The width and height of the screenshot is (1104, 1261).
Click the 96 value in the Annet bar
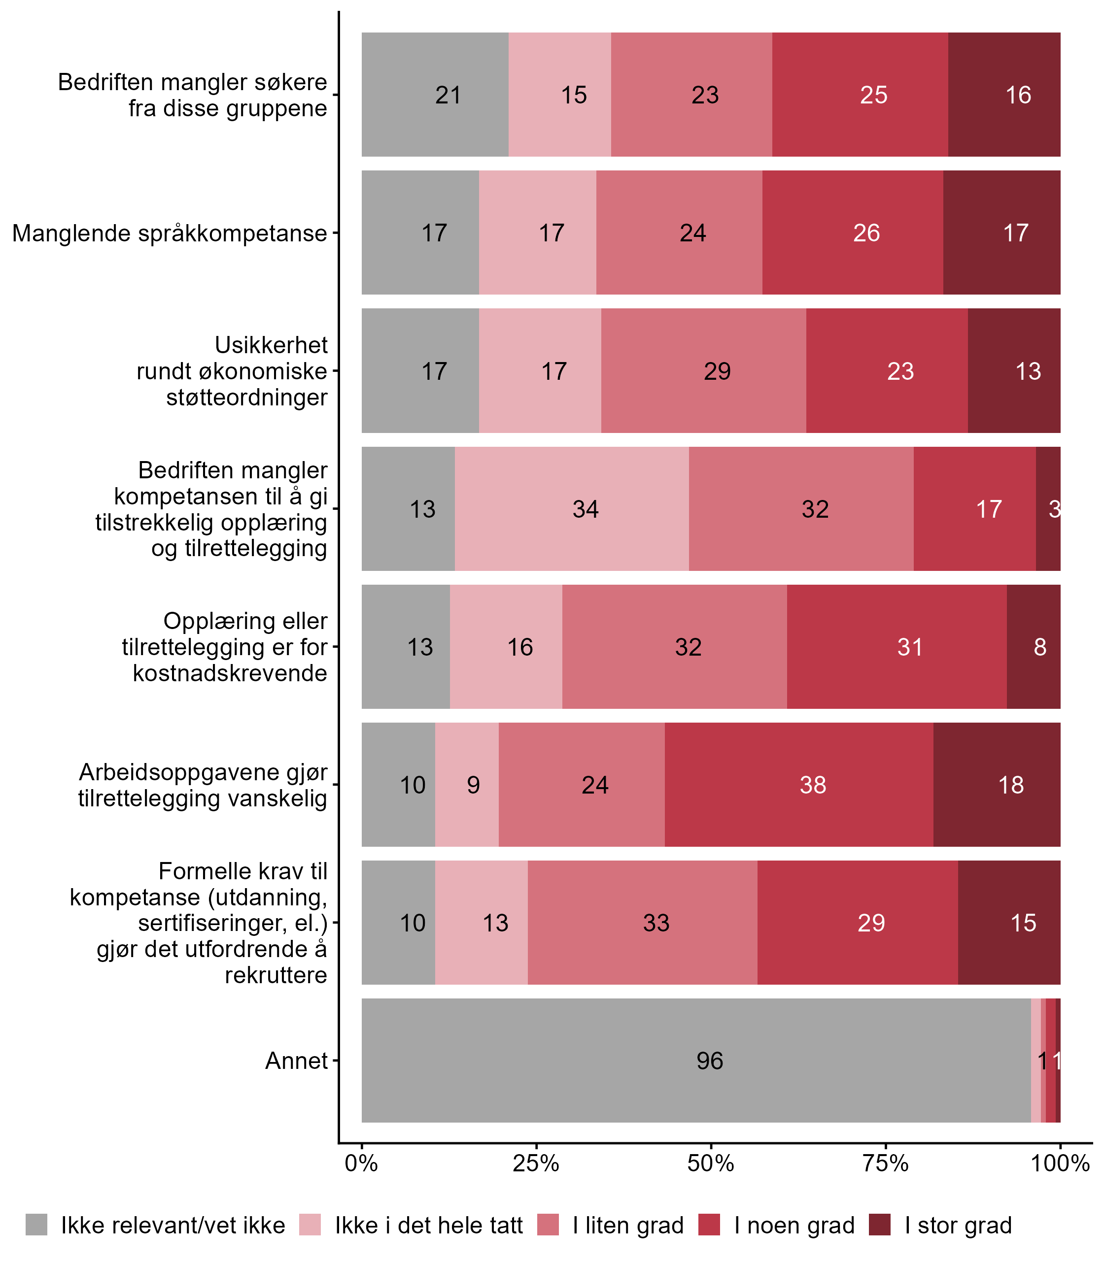(x=710, y=1061)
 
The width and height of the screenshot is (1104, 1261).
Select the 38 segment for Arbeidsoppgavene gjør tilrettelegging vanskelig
(x=813, y=785)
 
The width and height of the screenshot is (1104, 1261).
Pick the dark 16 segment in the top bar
(x=1018, y=95)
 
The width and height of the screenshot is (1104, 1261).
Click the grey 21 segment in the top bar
(x=448, y=95)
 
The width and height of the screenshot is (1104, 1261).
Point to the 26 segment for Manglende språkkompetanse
(x=866, y=232)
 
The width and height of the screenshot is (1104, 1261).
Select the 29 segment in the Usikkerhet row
(x=717, y=371)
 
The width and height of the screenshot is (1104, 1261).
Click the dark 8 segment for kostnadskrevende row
(x=1040, y=647)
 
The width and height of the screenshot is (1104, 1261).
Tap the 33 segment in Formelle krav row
(x=656, y=923)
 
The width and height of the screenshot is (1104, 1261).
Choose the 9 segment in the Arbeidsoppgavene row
(x=473, y=785)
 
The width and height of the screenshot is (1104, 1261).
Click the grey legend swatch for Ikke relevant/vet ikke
(x=36, y=1226)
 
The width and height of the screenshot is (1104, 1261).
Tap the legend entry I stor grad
(x=958, y=1226)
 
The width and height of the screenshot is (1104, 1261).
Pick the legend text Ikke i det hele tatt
(x=429, y=1226)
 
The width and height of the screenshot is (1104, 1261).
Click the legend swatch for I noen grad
(x=710, y=1226)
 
